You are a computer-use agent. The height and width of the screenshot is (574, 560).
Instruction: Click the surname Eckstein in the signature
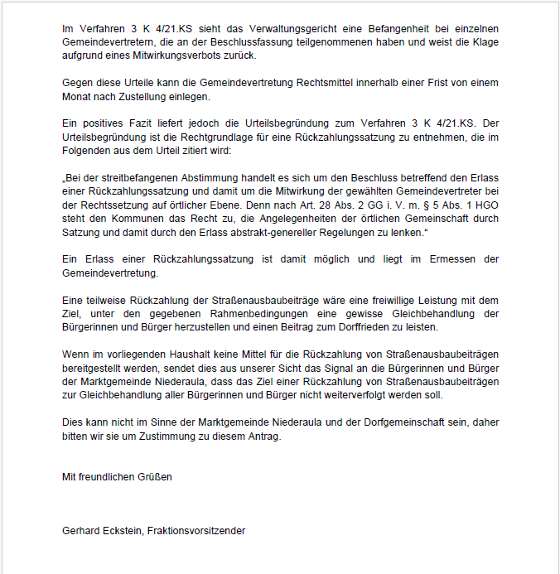(123, 531)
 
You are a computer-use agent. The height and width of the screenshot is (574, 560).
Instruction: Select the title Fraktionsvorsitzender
(196, 531)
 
